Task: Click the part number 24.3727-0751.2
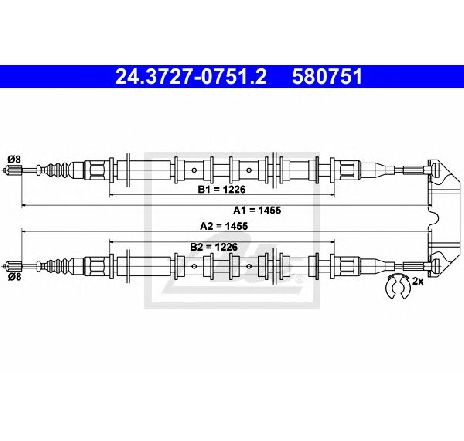pos(191,77)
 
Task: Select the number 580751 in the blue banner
pos(327,77)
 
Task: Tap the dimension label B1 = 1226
pos(222,189)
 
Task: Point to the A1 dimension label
pos(257,210)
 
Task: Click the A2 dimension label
pos(224,226)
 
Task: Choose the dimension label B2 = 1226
pos(214,247)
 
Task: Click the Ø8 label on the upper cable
pos(14,159)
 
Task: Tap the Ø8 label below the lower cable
pos(14,276)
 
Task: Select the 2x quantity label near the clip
pos(417,282)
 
